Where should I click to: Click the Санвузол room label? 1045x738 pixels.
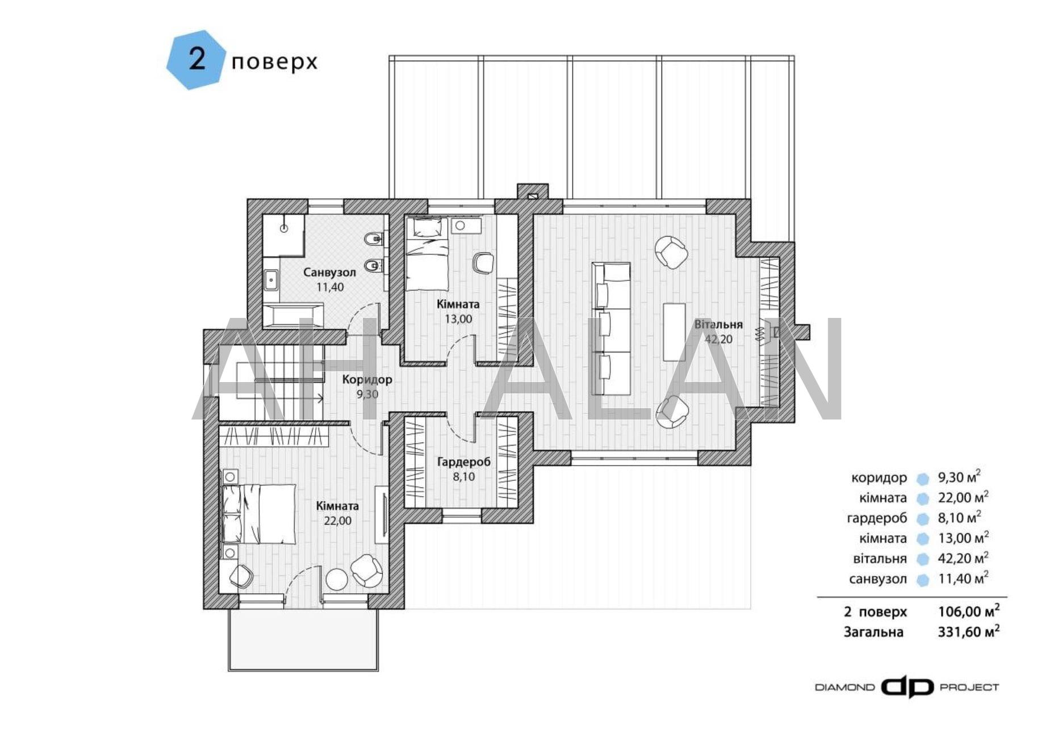(x=329, y=272)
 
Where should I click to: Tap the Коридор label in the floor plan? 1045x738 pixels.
(x=367, y=379)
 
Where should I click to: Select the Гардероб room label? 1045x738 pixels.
(x=463, y=462)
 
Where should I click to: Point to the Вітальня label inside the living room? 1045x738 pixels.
(x=718, y=325)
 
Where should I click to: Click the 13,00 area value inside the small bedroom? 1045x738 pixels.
(x=458, y=319)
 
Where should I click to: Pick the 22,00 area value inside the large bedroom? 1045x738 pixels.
(x=337, y=521)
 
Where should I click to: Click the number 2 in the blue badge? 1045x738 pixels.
(x=197, y=59)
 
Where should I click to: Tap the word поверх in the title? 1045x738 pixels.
(x=274, y=61)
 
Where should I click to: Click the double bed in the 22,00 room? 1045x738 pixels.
(x=258, y=513)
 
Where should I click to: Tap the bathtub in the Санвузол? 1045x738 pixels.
(x=292, y=315)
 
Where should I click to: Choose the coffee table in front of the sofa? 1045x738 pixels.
(x=674, y=332)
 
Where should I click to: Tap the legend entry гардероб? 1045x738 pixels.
(x=877, y=518)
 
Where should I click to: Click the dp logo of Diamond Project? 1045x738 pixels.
(x=907, y=687)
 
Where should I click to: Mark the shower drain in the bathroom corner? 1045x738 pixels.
(x=284, y=228)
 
